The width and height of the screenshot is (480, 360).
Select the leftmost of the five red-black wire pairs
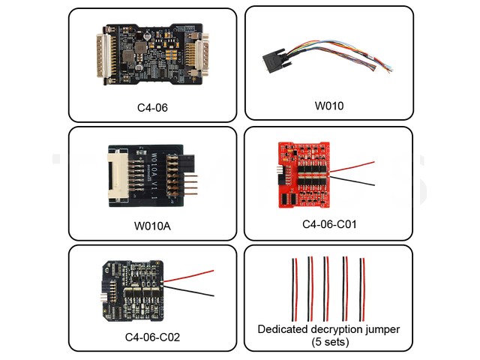tap(294, 289)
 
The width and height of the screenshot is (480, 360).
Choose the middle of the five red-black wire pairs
tap(327, 289)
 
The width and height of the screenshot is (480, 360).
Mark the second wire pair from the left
tap(310, 289)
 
